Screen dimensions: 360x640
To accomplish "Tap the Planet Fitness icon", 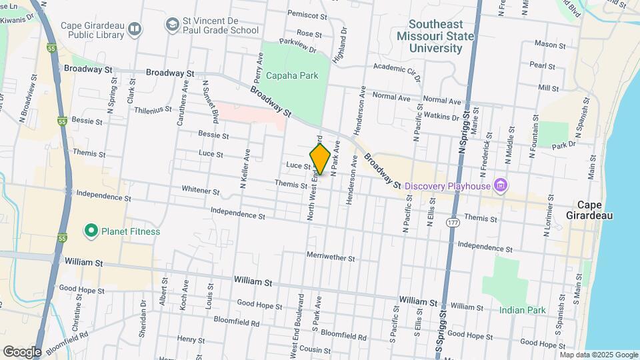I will [x=92, y=231].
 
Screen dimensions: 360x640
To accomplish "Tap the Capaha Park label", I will [x=292, y=75].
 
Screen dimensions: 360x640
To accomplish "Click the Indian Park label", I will [x=523, y=310].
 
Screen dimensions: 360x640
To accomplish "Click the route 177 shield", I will [x=453, y=221].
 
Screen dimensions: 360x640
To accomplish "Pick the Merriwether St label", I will [x=331, y=256].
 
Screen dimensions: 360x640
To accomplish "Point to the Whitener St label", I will [x=201, y=191].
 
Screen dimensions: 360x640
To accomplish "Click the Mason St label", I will [x=550, y=45].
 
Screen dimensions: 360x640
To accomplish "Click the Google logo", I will [x=22, y=351].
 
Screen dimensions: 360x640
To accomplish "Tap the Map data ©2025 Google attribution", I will [x=599, y=355].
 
